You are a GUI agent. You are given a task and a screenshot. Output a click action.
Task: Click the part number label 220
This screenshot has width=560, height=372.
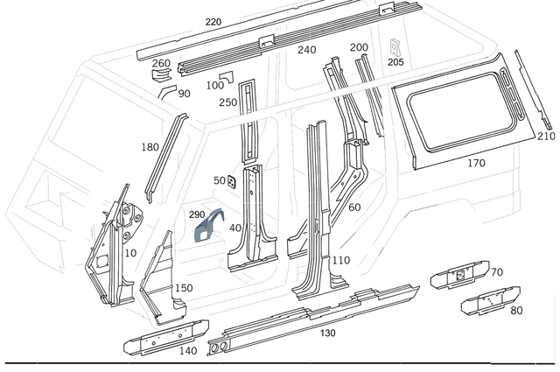tap(213, 22)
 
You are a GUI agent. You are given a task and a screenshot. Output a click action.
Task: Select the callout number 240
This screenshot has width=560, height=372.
tap(306, 50)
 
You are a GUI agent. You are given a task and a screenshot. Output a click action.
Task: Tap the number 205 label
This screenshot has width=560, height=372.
tap(395, 62)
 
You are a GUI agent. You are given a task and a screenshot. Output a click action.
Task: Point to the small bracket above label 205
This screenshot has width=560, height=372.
tap(395, 44)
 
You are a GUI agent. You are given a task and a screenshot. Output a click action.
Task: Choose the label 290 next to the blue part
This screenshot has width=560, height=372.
tap(196, 214)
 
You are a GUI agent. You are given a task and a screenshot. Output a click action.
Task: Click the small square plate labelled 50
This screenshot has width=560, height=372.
tap(233, 182)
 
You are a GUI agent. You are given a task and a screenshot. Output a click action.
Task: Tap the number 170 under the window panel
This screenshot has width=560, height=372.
tap(476, 163)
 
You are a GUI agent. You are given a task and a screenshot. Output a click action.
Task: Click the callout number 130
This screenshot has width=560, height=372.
tap(327, 333)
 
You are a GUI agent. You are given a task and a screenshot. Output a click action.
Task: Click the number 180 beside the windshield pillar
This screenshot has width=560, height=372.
tap(150, 147)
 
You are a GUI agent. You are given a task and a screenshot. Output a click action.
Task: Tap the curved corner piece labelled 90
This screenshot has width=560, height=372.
tap(164, 88)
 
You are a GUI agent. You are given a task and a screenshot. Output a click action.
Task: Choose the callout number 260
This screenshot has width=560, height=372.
tap(161, 63)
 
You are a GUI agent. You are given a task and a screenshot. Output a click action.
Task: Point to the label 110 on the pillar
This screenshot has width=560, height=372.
tap(340, 260)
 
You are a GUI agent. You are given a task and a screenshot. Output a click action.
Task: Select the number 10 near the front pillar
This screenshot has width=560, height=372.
tap(131, 253)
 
